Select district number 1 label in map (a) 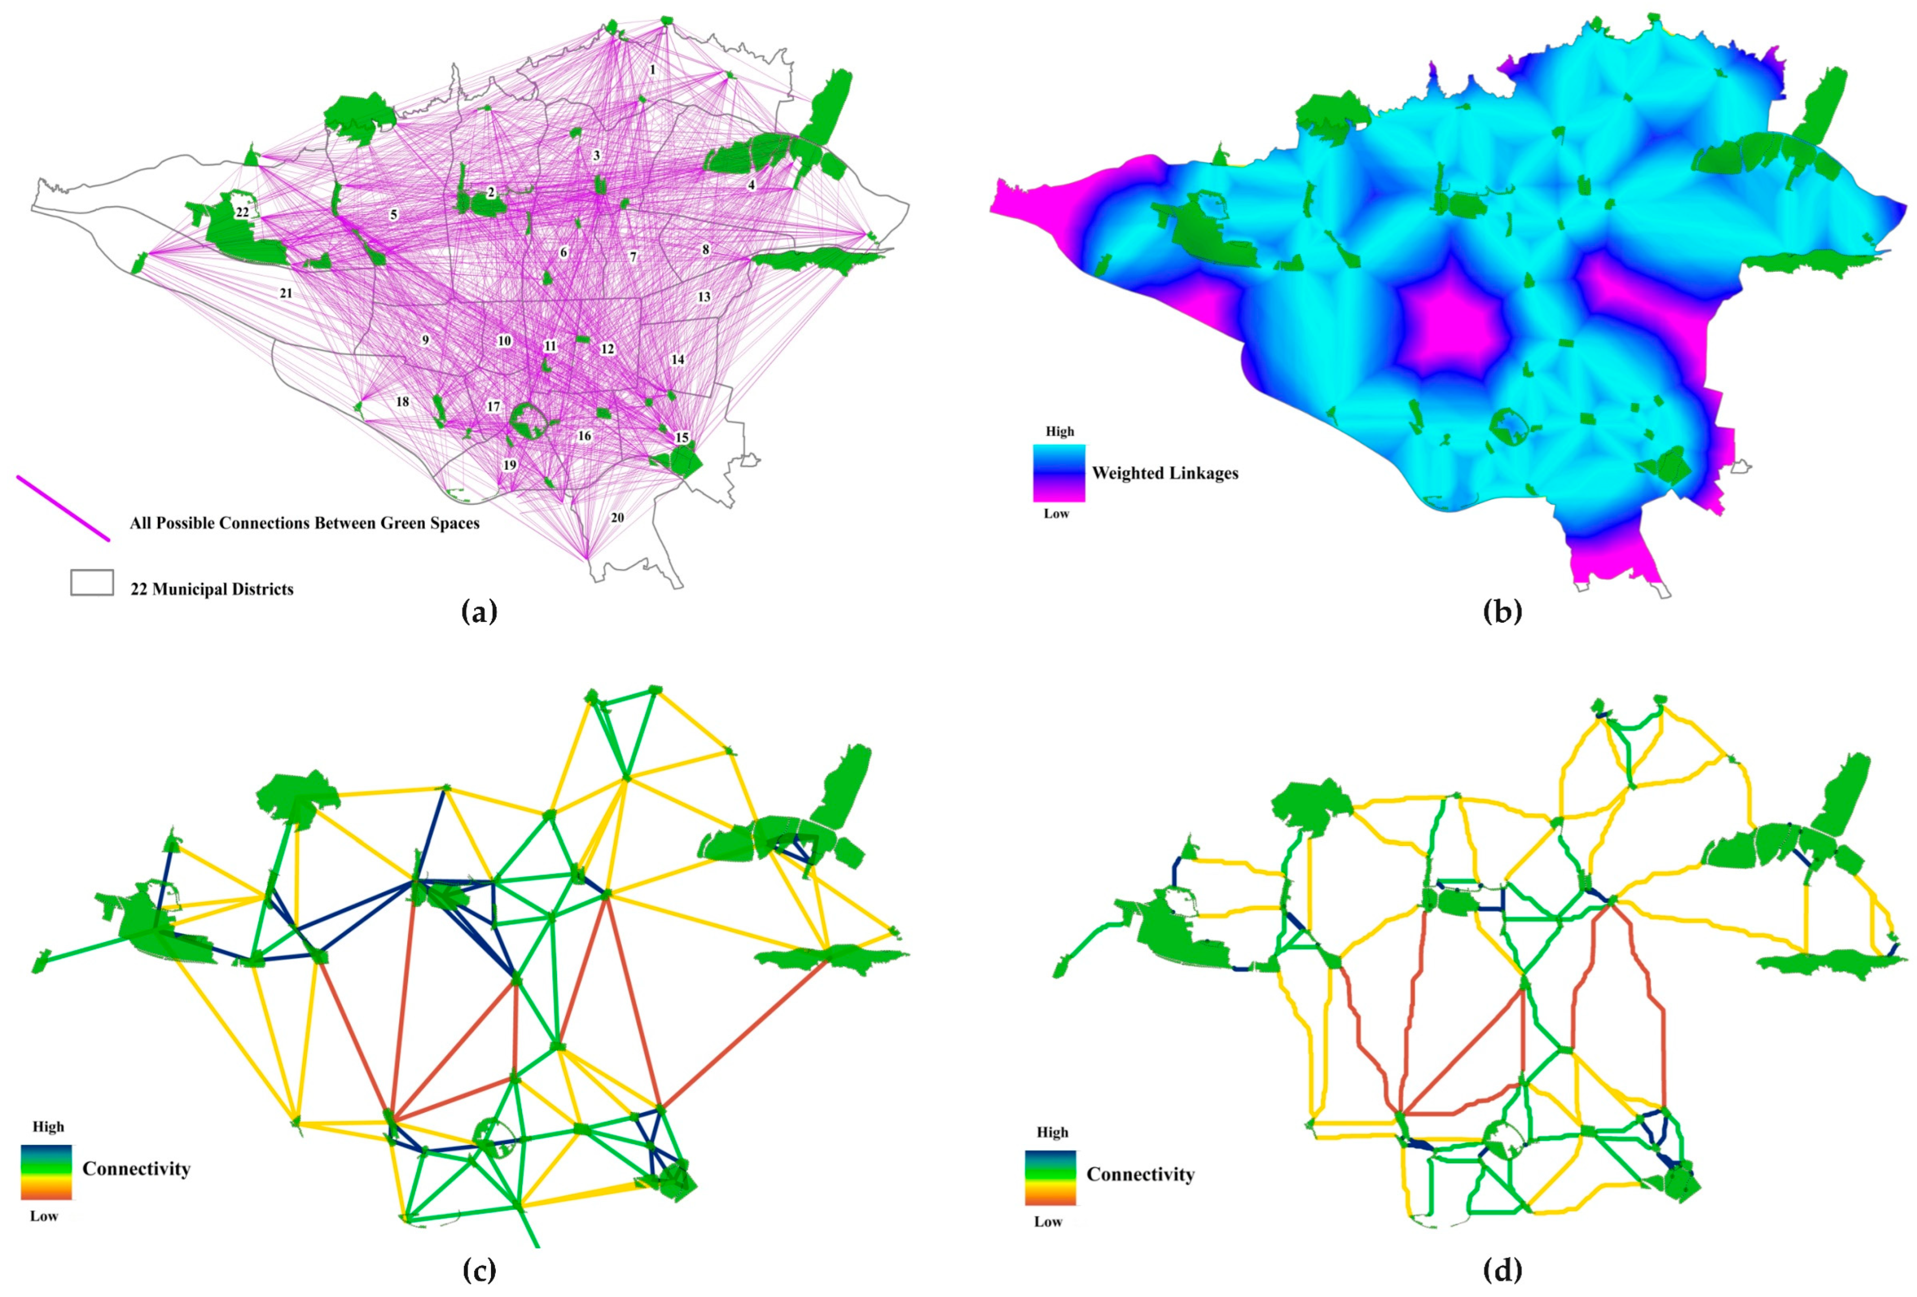653,70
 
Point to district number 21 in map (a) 285,293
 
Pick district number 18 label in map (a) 402,402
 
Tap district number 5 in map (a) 394,214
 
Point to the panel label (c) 480,1271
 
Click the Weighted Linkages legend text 1165,473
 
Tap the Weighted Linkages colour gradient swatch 1059,473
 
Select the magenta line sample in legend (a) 63,508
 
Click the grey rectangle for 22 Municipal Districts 92,583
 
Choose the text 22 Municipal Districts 212,589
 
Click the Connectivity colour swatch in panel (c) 46,1172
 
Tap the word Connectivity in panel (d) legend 1140,1174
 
